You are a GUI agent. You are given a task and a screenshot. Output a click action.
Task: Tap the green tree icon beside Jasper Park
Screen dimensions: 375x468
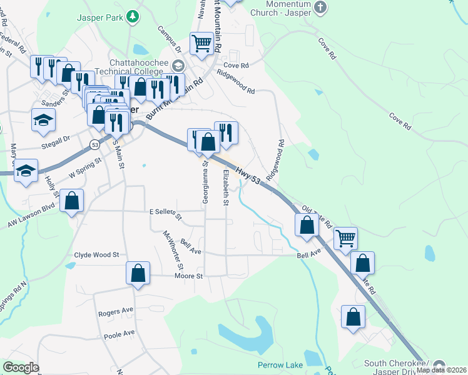point(132,17)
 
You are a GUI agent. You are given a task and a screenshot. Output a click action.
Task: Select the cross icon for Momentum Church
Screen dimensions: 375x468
point(320,8)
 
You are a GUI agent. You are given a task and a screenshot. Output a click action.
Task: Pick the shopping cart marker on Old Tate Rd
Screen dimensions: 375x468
point(345,238)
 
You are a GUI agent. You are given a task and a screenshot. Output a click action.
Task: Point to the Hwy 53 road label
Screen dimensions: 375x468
point(248,176)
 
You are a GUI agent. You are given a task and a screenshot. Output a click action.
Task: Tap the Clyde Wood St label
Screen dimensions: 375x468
point(96,255)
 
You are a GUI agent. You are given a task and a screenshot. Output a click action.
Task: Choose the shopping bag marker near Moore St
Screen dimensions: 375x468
point(138,273)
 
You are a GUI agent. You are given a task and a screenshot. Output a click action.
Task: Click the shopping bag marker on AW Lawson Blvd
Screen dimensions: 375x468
point(72,201)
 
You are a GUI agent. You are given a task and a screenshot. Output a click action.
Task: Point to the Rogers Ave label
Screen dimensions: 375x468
point(116,311)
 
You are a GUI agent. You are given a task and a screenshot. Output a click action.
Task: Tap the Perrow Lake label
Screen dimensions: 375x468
point(280,365)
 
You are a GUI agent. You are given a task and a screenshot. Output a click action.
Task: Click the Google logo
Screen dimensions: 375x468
point(21,367)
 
